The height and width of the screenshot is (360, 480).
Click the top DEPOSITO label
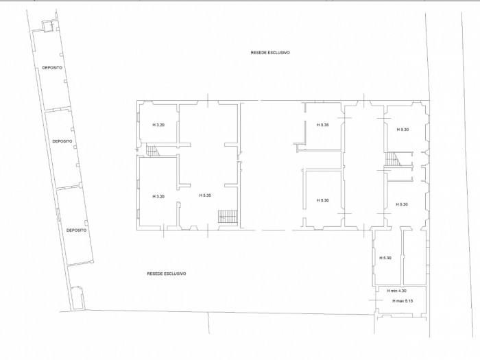[x=52, y=68]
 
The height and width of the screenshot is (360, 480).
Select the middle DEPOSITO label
[x=62, y=141]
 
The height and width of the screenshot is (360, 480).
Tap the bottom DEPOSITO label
[x=77, y=230]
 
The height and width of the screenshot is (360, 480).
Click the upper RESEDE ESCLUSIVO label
[x=270, y=53]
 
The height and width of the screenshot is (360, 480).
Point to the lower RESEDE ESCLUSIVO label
[x=167, y=274]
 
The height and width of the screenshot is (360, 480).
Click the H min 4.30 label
[x=397, y=291]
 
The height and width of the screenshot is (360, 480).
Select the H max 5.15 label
[x=403, y=301]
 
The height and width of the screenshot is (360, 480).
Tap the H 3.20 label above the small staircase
[x=158, y=125]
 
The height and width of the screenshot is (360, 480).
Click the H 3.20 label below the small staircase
[x=158, y=197]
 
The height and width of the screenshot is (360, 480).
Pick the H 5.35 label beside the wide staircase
[x=205, y=195]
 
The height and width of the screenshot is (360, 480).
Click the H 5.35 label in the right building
[x=323, y=125]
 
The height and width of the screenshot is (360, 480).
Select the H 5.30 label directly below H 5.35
[x=323, y=200]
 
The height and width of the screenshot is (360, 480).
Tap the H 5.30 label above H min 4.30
[x=385, y=258]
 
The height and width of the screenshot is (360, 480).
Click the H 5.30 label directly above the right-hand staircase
[x=403, y=130]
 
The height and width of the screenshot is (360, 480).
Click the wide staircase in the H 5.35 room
[x=228, y=217]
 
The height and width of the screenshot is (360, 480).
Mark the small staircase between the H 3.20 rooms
[x=153, y=151]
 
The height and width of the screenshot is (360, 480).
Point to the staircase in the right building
[x=392, y=159]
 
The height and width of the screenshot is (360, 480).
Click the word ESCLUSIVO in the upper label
[x=279, y=53]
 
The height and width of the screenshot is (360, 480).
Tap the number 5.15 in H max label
[x=409, y=301]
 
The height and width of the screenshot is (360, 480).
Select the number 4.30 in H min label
[x=403, y=291]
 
